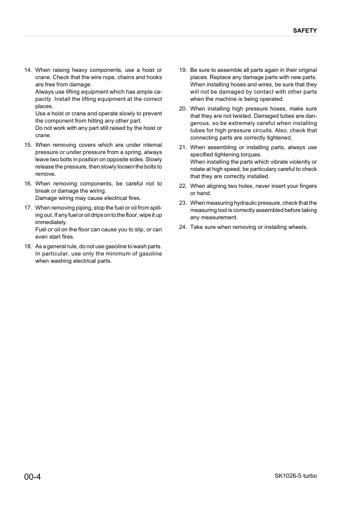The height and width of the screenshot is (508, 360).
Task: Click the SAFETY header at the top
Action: tap(305, 30)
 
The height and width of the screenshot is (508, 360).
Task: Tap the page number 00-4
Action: tap(34, 477)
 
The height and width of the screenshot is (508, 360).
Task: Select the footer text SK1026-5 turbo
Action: tap(291, 476)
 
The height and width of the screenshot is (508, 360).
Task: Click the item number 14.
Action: tap(28, 71)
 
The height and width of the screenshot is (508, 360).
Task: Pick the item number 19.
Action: tap(183, 71)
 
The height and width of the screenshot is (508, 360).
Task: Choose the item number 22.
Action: tap(183, 186)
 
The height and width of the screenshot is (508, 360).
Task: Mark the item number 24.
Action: tap(183, 227)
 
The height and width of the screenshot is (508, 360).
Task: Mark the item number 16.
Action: tap(28, 184)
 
